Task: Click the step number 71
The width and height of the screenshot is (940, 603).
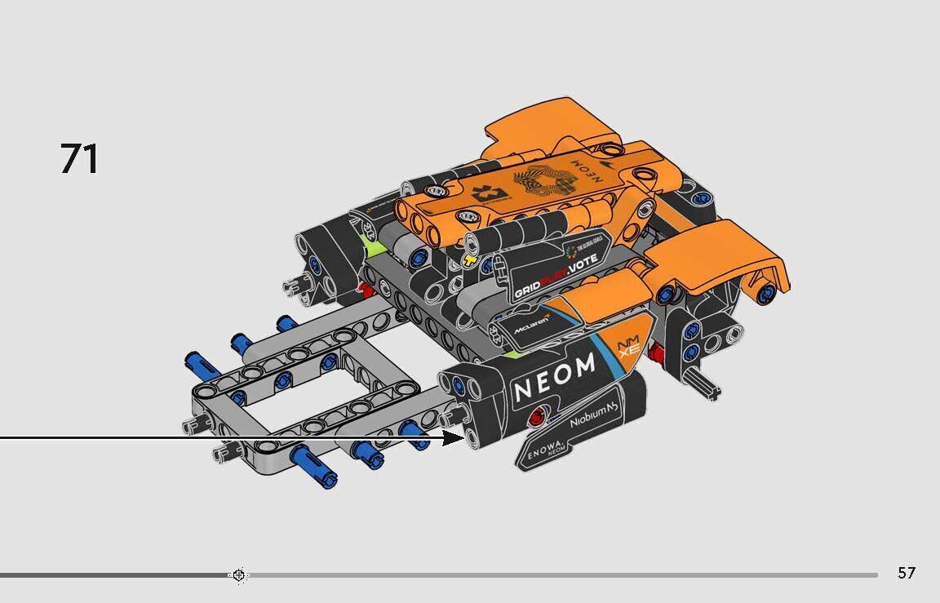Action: pyautogui.click(x=79, y=159)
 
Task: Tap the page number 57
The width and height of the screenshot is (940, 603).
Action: pyautogui.click(x=906, y=573)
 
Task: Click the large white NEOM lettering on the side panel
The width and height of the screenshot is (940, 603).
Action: pyautogui.click(x=555, y=379)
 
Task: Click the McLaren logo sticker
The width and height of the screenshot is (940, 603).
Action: pyautogui.click(x=530, y=324)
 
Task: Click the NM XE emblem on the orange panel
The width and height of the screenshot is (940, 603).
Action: pyautogui.click(x=629, y=347)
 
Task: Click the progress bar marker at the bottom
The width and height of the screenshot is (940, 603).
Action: pyautogui.click(x=238, y=575)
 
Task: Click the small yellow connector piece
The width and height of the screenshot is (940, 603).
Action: pyautogui.click(x=468, y=262)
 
